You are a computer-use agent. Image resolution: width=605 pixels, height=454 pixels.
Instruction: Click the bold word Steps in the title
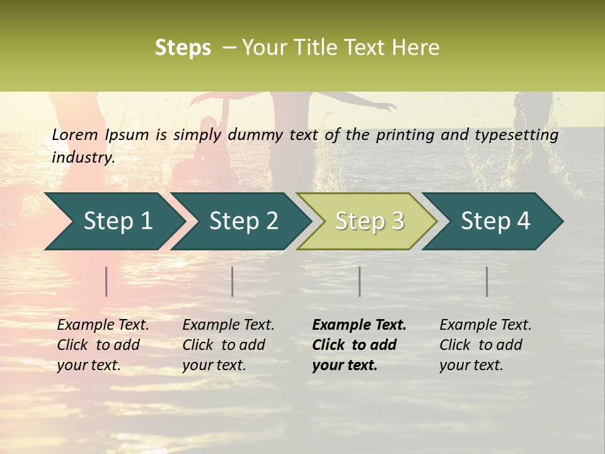[183, 48]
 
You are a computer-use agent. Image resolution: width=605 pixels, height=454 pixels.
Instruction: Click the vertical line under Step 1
[107, 281]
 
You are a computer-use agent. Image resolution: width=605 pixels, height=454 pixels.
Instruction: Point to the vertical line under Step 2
[233, 281]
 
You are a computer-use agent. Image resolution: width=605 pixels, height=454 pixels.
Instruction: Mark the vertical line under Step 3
[360, 281]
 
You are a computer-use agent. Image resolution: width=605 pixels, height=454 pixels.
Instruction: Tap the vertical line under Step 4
[487, 281]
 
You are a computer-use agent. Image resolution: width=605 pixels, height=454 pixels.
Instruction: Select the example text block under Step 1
[102, 345]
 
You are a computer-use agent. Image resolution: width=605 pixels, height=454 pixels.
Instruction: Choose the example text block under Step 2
[228, 345]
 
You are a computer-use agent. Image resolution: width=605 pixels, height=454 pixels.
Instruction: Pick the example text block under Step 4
[485, 345]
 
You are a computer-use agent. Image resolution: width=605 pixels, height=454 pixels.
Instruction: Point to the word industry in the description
[83, 158]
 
